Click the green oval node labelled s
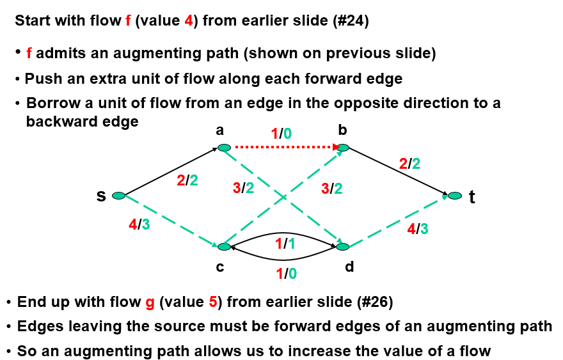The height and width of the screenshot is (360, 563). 118,196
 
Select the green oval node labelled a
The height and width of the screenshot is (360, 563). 224,148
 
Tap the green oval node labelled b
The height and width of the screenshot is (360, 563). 343,148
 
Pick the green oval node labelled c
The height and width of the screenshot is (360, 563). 224,246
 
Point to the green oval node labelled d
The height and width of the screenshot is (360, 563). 343,246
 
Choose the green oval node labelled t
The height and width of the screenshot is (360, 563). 455,195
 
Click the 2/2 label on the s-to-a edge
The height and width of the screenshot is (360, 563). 187,180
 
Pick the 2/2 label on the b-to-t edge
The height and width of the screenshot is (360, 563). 409,164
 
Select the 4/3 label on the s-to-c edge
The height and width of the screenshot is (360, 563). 139,225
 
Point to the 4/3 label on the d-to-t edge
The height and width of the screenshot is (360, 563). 418,229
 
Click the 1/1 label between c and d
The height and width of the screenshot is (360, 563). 285,244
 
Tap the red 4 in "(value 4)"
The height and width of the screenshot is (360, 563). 189,21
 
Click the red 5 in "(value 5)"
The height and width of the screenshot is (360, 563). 214,302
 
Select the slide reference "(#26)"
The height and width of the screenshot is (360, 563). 372,302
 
